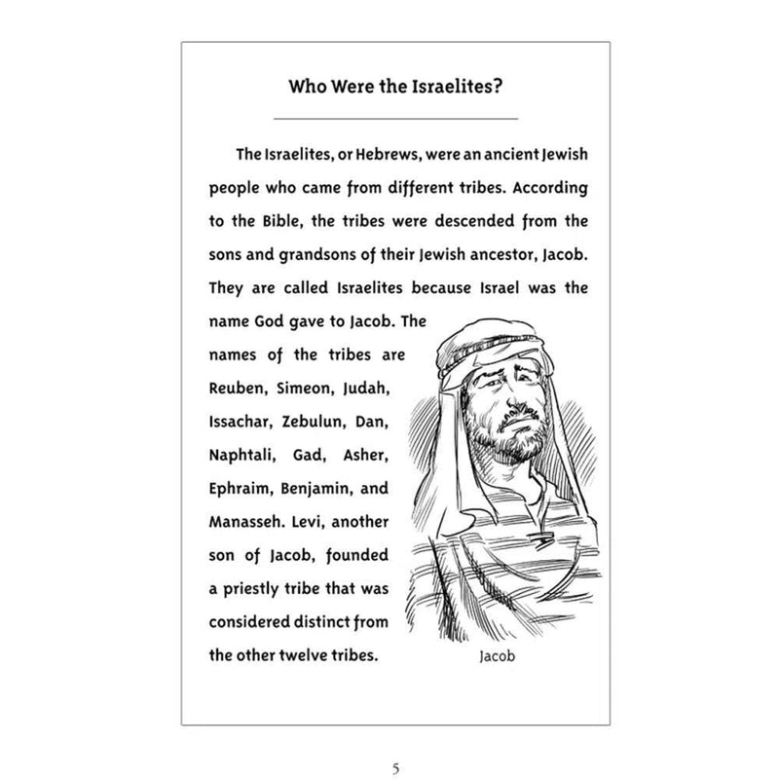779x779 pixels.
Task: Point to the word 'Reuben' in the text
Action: point(236,389)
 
